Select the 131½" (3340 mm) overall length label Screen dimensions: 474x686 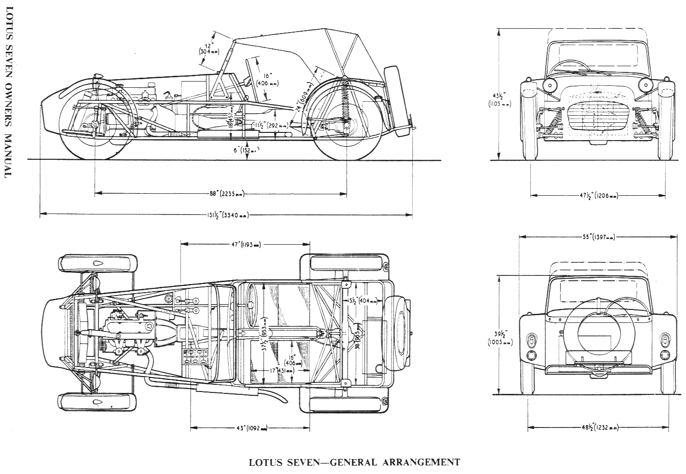pyautogui.click(x=226, y=216)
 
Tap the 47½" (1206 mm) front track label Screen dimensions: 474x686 pyautogui.click(x=598, y=195)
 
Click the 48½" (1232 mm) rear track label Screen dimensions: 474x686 pyautogui.click(x=598, y=427)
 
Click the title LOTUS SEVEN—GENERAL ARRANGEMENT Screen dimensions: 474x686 pyautogui.click(x=355, y=462)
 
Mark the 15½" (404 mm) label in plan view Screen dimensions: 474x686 pyautogui.click(x=359, y=300)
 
